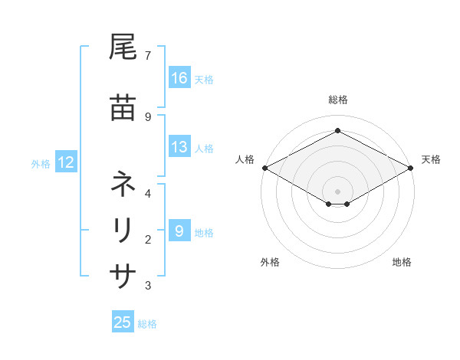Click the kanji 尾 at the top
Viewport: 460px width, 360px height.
coord(123,48)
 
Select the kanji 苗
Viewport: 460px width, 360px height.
coord(123,109)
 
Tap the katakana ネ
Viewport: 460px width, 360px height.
coord(123,185)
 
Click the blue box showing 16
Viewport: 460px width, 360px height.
coord(179,78)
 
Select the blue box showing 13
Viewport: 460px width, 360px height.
coord(179,148)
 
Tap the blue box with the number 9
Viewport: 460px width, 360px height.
coord(179,231)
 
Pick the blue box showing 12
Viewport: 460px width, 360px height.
coord(65,162)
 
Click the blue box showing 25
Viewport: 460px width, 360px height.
coord(123,322)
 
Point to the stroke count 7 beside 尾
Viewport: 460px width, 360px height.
coord(147,56)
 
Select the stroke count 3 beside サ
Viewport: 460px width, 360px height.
coord(147,286)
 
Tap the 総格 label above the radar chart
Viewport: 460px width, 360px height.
coord(337,100)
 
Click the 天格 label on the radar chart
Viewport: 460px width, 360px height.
coord(431,159)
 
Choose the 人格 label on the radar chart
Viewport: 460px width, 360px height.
coord(245,159)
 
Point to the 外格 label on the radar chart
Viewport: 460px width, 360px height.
coord(270,262)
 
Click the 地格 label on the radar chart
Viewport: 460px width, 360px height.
coord(402,262)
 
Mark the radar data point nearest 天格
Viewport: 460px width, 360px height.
coord(411,168)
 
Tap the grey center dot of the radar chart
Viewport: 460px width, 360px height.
coord(337,191)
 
